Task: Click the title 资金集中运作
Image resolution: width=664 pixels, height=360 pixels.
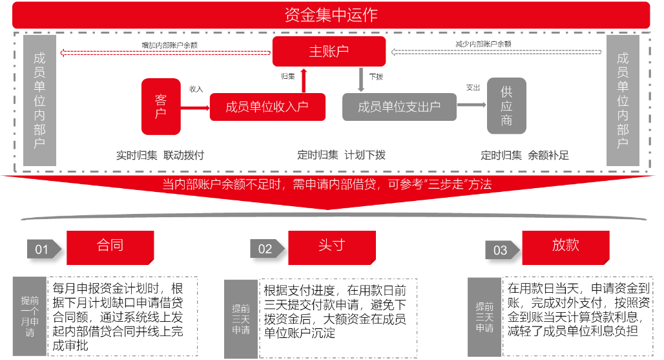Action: point(331,14)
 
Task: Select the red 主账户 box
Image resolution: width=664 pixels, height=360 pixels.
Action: point(329,51)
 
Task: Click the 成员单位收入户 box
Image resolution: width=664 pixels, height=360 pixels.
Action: point(267,107)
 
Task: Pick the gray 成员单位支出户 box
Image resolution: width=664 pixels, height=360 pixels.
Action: point(399,107)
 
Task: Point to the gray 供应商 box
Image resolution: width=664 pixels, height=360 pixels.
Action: point(506,106)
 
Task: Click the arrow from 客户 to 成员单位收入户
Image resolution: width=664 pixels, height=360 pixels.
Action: point(195,107)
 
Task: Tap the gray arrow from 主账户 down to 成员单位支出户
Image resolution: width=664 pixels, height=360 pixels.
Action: point(361,79)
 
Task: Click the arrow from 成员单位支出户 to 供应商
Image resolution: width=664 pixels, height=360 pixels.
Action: point(472,105)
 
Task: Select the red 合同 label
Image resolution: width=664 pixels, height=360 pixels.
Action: point(110,246)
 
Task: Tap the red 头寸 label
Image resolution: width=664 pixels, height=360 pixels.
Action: point(331,246)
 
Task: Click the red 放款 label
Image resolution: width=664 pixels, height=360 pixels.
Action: point(565,246)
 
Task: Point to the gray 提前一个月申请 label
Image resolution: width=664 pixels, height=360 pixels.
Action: point(30,317)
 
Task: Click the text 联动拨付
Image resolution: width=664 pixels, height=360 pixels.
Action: point(183,155)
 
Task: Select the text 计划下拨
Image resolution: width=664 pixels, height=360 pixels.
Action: point(365,155)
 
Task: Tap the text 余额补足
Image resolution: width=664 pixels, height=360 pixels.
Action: point(548,155)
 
